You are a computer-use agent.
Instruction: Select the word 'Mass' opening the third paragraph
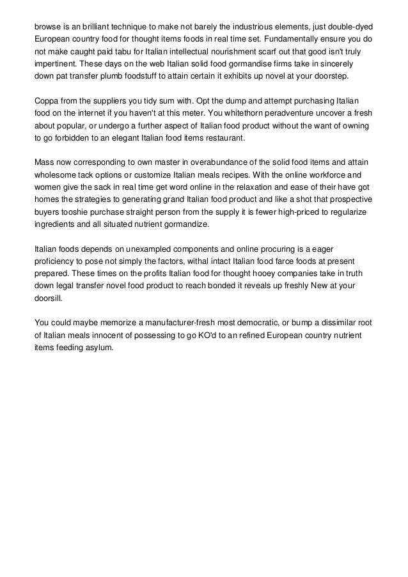click(45, 164)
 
